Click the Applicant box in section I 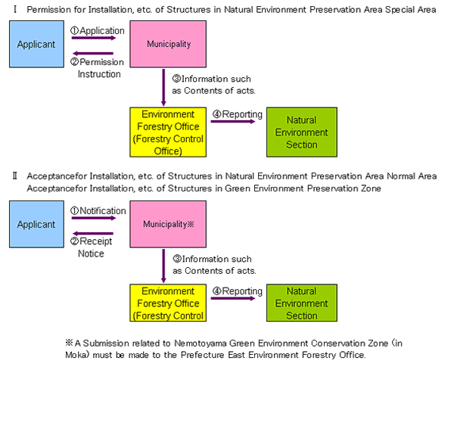[36, 45]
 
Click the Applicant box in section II [36, 225]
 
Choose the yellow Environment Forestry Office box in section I [167, 132]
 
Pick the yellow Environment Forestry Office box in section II [167, 303]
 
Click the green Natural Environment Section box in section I [301, 132]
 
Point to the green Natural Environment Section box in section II [301, 303]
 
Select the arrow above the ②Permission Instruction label [92, 54]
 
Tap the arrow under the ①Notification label [92, 219]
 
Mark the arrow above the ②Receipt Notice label [92, 234]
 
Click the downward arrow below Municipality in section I [164, 87]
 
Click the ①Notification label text [98, 211]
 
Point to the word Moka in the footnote [76, 355]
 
